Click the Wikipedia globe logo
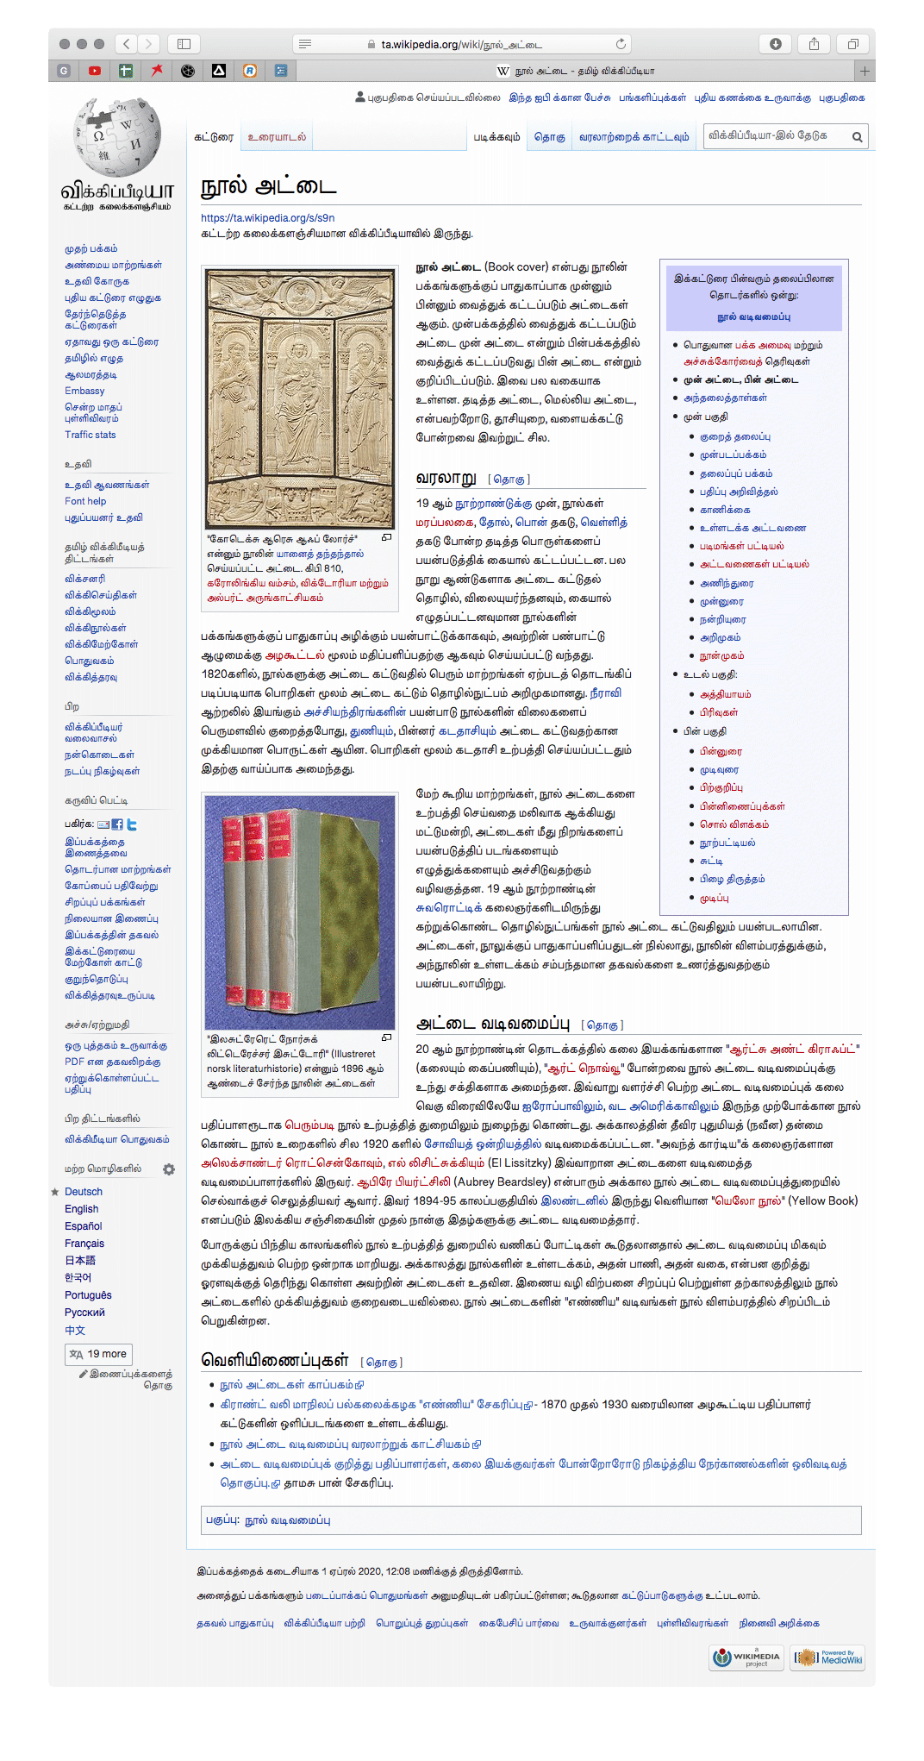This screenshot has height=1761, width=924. (117, 138)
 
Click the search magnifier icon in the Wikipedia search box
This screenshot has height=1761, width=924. (857, 136)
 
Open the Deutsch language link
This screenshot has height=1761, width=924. (84, 1192)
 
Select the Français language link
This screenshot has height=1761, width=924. (84, 1244)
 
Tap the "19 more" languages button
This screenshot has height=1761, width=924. (99, 1354)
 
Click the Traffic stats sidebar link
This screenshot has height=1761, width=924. (91, 435)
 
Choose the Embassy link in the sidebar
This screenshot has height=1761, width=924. (84, 391)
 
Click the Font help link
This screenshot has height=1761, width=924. (85, 501)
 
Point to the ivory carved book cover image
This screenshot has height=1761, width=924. (299, 398)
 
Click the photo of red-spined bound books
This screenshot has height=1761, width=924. (299, 912)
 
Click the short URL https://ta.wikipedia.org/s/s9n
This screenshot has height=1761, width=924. (267, 218)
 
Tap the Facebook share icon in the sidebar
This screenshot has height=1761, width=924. (117, 824)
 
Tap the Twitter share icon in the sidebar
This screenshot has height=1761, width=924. (132, 824)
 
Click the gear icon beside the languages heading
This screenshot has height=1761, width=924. (169, 1169)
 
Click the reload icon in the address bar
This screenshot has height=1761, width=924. (621, 44)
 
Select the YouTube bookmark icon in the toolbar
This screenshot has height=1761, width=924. (95, 71)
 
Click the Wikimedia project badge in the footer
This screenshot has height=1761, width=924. (746, 1658)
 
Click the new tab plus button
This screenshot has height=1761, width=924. (865, 71)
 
